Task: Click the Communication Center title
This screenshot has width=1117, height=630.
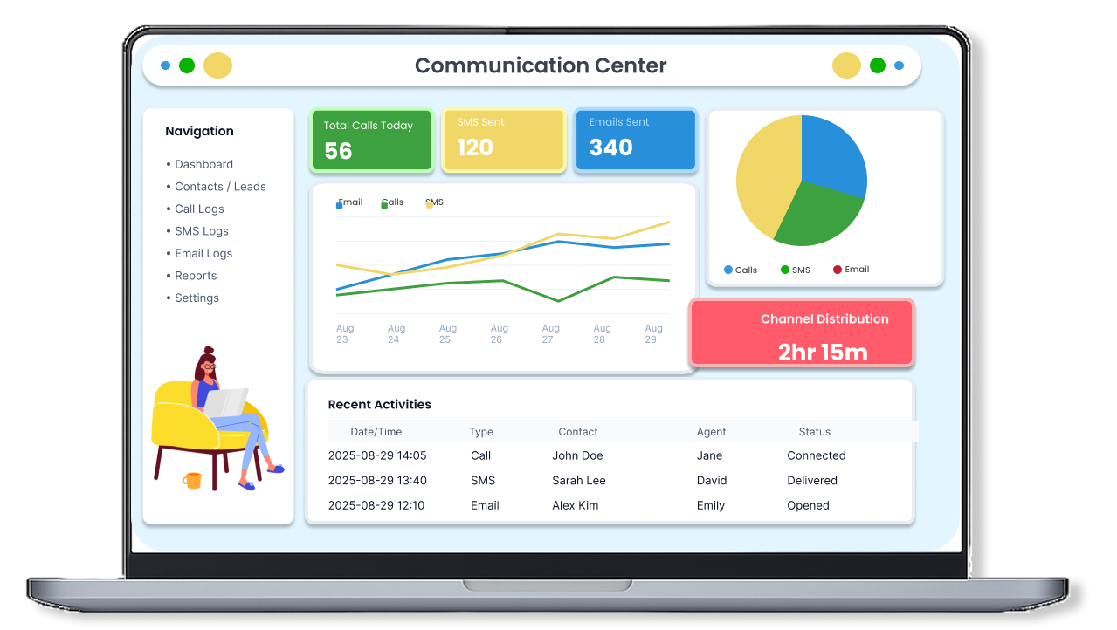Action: pyautogui.click(x=540, y=65)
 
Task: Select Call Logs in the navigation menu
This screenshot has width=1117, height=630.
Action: pyautogui.click(x=199, y=209)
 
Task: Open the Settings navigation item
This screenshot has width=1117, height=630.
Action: pyautogui.click(x=197, y=298)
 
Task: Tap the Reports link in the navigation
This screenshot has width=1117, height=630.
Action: pyautogui.click(x=196, y=276)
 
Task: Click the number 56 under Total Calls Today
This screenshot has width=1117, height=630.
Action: pyautogui.click(x=338, y=151)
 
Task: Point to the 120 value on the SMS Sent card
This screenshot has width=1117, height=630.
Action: pyautogui.click(x=475, y=147)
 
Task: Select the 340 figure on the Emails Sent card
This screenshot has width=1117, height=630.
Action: pyautogui.click(x=610, y=147)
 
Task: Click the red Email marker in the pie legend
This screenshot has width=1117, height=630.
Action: pyautogui.click(x=838, y=270)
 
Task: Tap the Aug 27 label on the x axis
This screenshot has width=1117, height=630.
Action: pyautogui.click(x=550, y=333)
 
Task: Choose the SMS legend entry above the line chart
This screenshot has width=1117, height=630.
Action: pyautogui.click(x=434, y=202)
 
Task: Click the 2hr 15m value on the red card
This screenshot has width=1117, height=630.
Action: pyautogui.click(x=823, y=353)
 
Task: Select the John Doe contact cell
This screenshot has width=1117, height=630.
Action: pyautogui.click(x=577, y=455)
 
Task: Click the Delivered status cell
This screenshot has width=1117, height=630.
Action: pyautogui.click(x=811, y=480)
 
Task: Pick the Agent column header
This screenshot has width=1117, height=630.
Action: pyautogui.click(x=711, y=432)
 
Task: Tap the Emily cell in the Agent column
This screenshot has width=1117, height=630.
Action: pyautogui.click(x=710, y=505)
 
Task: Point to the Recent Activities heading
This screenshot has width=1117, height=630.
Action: pyautogui.click(x=379, y=404)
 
